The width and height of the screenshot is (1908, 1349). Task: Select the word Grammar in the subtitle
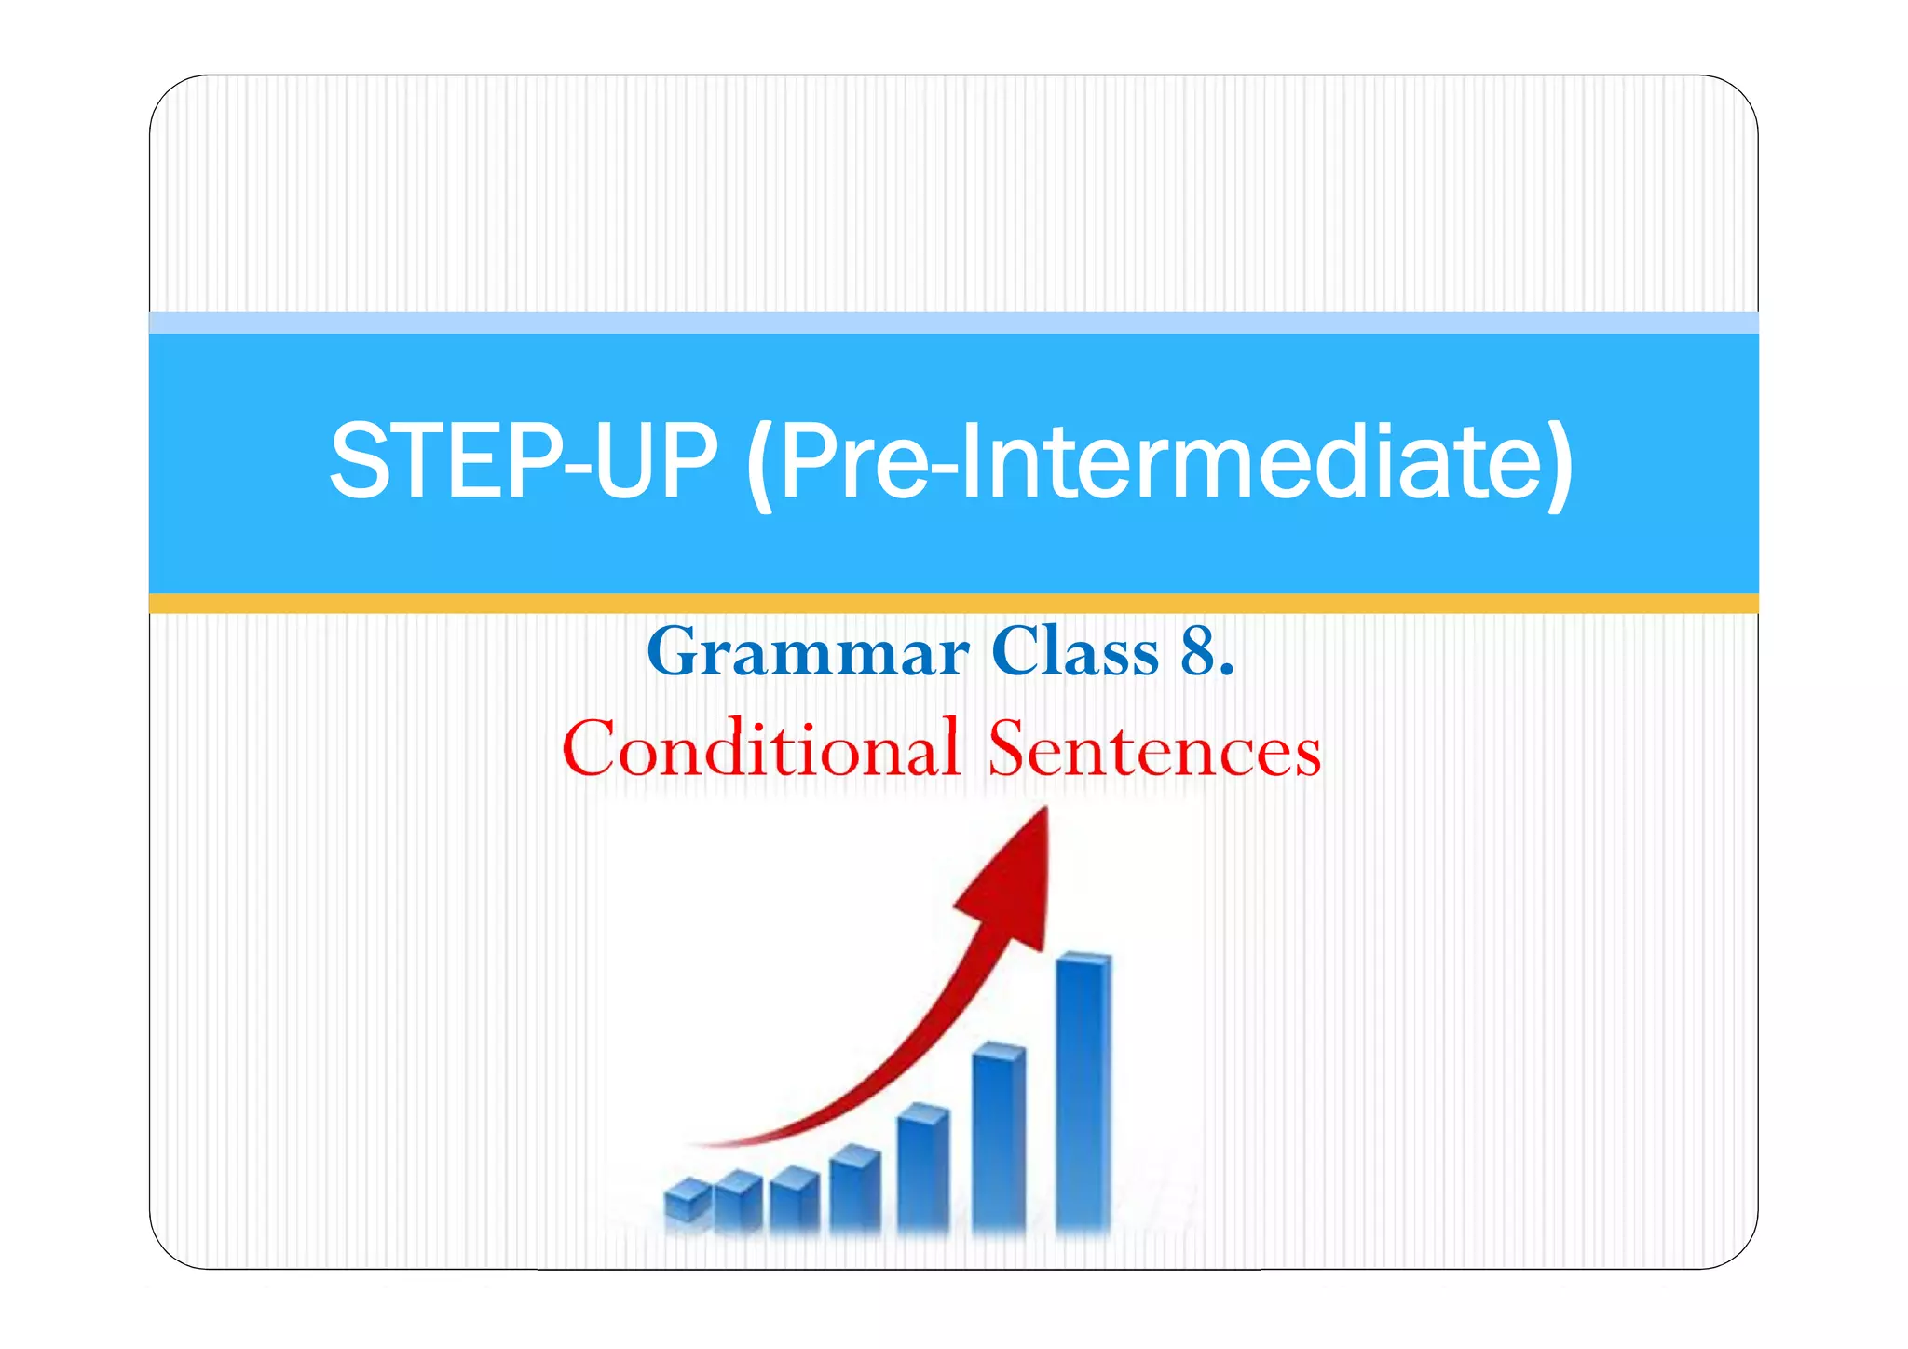[x=808, y=651]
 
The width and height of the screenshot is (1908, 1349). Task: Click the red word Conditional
[x=760, y=748]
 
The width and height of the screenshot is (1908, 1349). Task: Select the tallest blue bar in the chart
[x=1083, y=1090]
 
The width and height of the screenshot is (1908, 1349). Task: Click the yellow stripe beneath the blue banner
[x=954, y=603]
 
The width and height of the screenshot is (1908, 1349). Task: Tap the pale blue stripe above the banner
[x=954, y=322]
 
